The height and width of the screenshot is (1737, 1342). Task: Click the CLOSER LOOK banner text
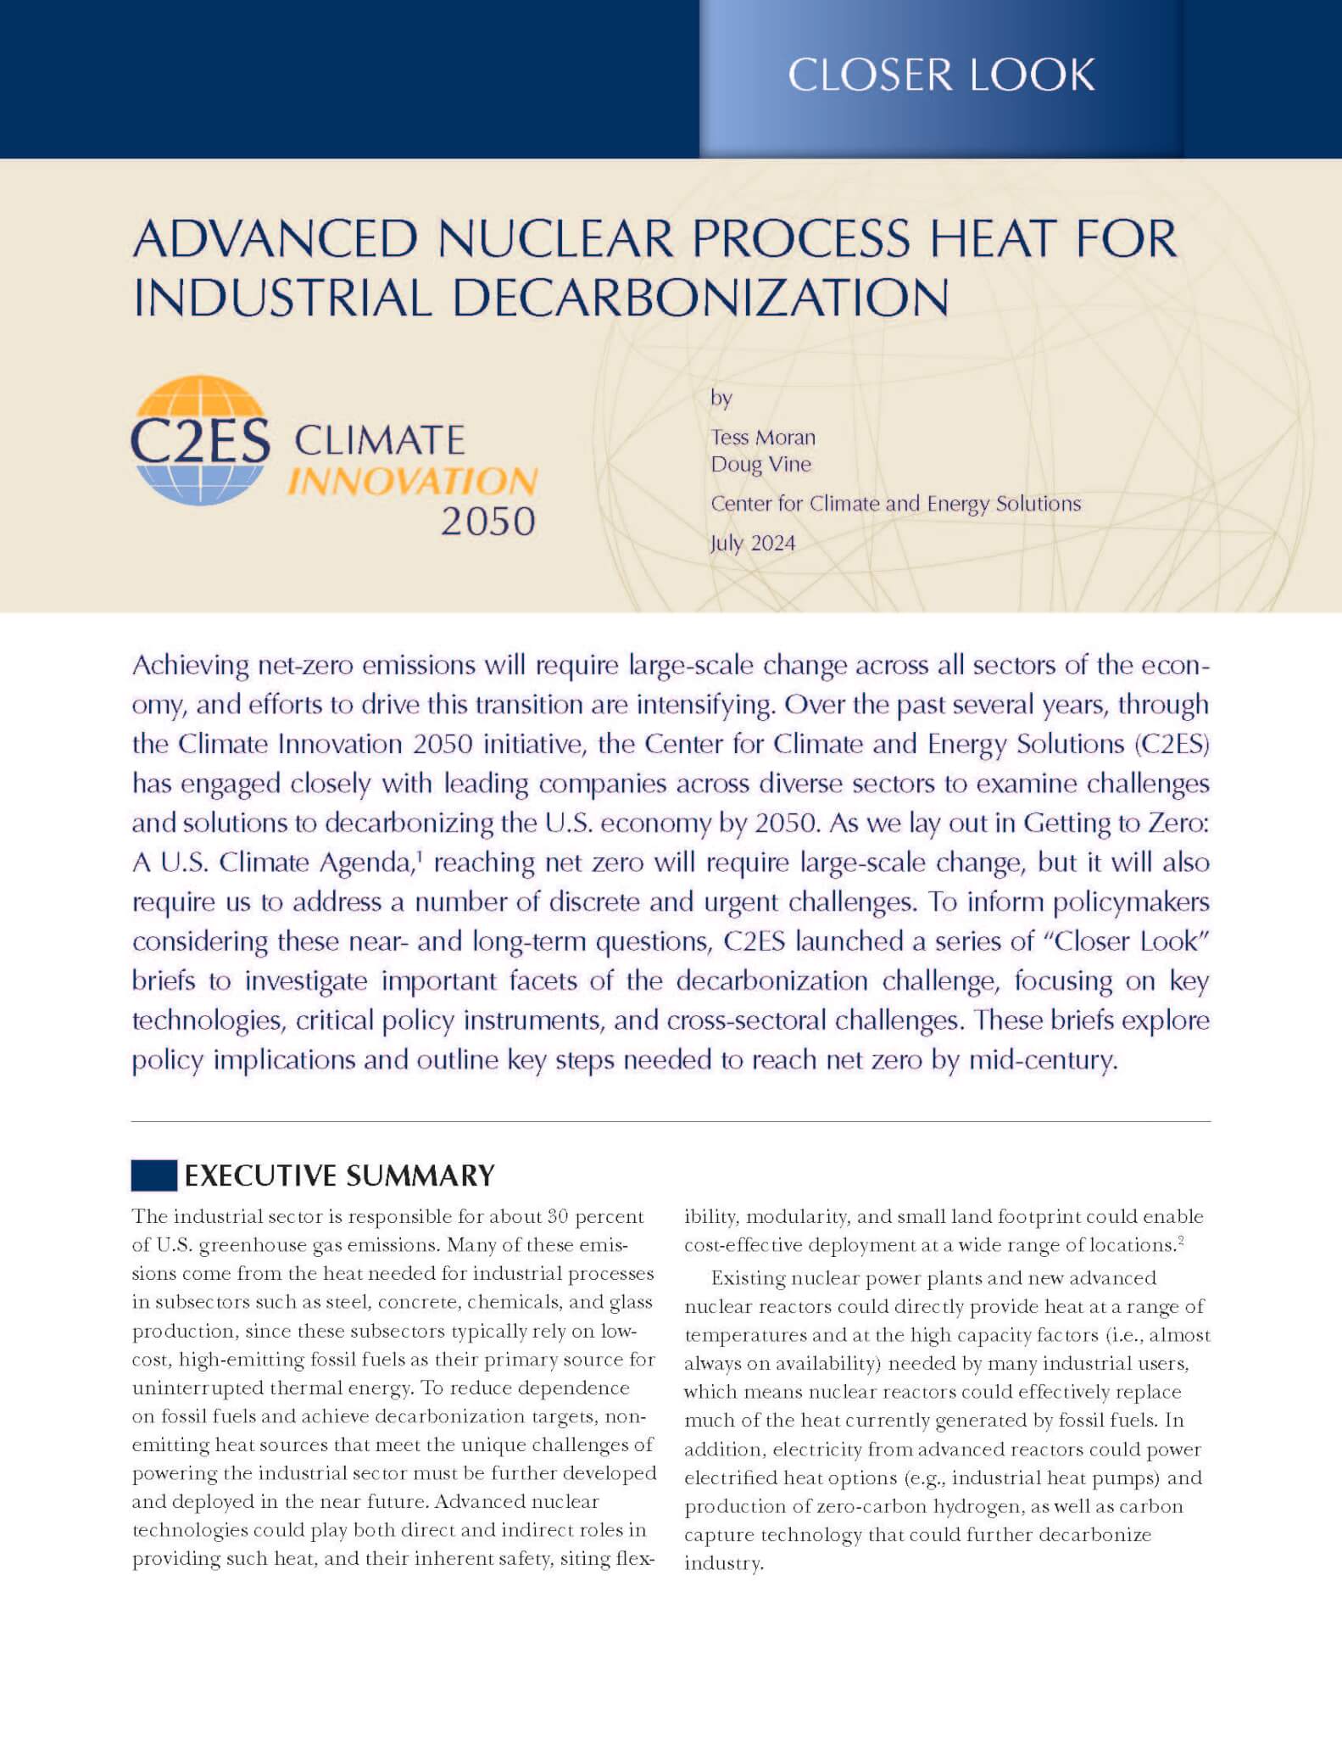941,75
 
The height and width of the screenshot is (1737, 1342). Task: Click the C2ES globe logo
200,440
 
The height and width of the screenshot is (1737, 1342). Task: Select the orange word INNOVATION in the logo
413,482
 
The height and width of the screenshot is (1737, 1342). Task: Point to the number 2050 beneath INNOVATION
488,522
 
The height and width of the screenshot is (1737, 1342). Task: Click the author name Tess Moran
763,438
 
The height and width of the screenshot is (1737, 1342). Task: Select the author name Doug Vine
760,465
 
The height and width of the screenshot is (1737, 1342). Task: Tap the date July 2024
753,543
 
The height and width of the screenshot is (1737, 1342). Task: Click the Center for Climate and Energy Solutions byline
895,504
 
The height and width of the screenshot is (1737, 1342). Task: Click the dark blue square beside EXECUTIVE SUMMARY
153,1175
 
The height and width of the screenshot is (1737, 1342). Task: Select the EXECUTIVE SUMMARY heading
339,1176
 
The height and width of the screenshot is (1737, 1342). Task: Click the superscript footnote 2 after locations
1181,1241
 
